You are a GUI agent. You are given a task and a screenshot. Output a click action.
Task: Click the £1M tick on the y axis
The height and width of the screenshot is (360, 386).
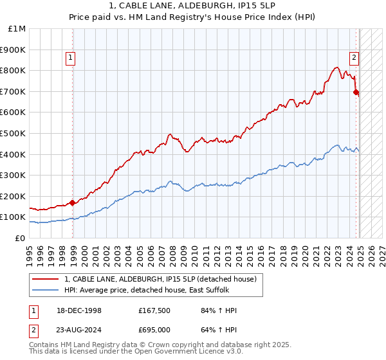[17, 28]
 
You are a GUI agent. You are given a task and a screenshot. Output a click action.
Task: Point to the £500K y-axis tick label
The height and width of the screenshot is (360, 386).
[14, 133]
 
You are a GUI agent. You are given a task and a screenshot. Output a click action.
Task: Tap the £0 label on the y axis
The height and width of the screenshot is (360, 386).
[20, 238]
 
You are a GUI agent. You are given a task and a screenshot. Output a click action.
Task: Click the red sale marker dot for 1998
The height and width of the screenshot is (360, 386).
[73, 203]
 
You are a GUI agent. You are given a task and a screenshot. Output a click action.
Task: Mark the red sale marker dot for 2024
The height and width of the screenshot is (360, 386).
[356, 92]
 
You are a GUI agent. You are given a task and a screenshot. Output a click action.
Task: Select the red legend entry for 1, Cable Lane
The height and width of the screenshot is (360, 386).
[161, 279]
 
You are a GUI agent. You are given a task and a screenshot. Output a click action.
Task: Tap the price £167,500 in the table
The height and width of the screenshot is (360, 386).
[153, 310]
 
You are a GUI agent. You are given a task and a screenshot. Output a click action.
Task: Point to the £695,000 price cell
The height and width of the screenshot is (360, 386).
[153, 330]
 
